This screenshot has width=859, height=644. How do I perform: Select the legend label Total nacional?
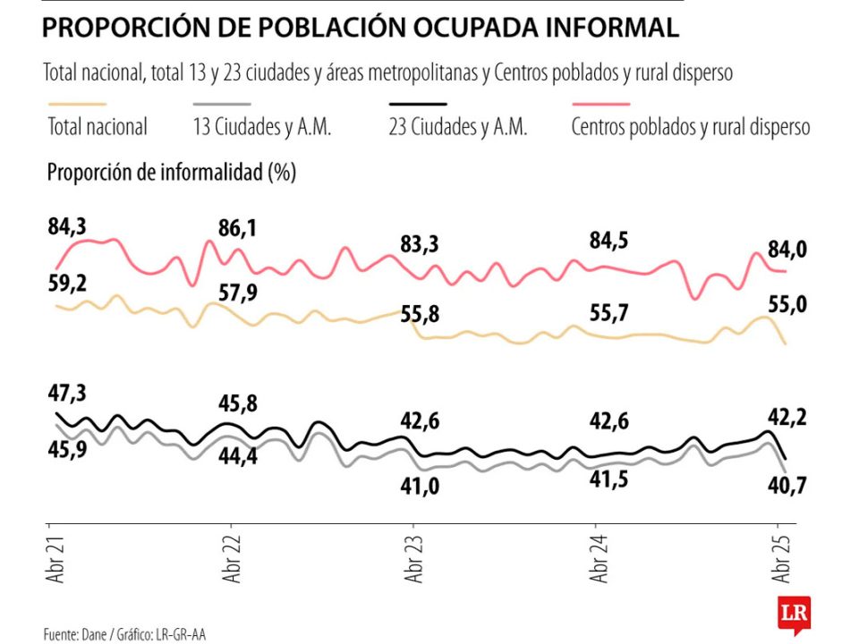coord(97,127)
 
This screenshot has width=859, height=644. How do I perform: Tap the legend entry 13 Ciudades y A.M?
coord(262,127)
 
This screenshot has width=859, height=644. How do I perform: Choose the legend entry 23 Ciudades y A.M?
coord(457,127)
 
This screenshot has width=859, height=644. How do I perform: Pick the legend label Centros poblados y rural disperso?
coord(690,127)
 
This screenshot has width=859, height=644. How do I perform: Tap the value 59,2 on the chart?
coord(67,284)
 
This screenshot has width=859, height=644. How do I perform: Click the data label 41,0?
coord(420,485)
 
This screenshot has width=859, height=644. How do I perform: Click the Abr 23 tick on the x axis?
coord(412,562)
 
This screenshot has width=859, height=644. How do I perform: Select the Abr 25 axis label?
coord(778,562)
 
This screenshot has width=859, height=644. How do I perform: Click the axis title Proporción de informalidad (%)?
coord(171,173)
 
